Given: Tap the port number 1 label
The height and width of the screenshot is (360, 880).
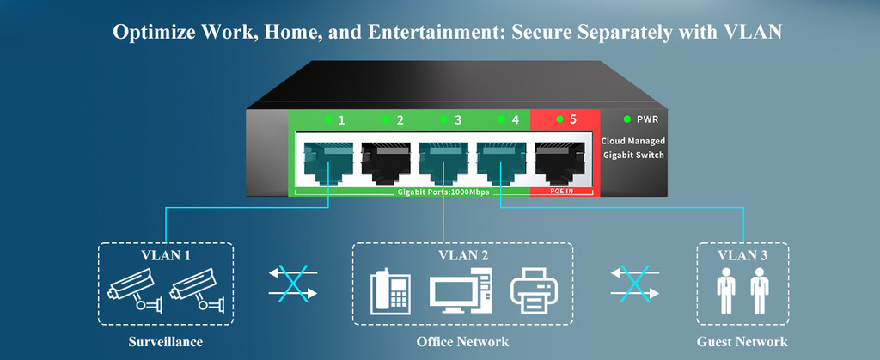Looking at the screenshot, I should pyautogui.click(x=341, y=120).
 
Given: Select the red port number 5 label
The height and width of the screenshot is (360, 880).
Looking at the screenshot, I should pyautogui.click(x=572, y=120).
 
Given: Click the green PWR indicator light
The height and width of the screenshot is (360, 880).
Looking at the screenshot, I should pyautogui.click(x=628, y=119).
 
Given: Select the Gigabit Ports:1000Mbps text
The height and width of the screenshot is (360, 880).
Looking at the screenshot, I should pyautogui.click(x=443, y=192).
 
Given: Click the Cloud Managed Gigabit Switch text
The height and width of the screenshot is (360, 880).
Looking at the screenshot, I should pyautogui.click(x=632, y=148).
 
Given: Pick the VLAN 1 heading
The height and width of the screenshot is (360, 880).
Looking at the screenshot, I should pyautogui.click(x=165, y=256).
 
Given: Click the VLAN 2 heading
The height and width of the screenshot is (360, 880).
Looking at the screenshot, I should pyautogui.click(x=463, y=256).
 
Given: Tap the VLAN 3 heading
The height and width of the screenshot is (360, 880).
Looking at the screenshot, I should pyautogui.click(x=742, y=256).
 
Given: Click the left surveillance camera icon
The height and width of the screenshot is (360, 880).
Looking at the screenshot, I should pyautogui.click(x=134, y=290).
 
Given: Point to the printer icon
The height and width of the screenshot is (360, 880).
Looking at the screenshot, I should pyautogui.click(x=535, y=292).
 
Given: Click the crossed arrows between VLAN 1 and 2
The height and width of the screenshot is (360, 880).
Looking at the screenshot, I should pyautogui.click(x=294, y=283).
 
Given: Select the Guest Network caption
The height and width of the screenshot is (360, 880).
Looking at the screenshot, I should pyautogui.click(x=742, y=342).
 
